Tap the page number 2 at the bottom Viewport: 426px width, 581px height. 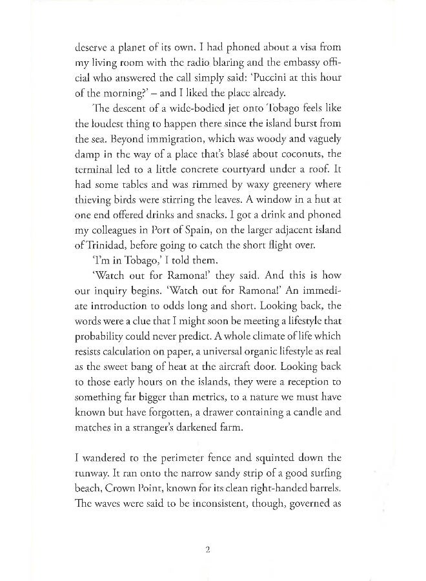207,551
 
